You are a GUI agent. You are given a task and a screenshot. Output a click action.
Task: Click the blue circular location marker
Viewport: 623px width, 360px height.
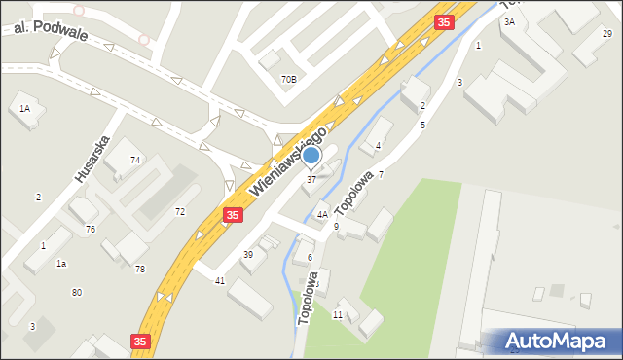tap(311, 155)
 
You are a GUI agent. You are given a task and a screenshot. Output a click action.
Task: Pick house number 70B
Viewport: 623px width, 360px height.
tap(289, 79)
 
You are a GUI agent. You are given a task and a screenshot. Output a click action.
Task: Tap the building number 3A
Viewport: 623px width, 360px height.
tap(509, 21)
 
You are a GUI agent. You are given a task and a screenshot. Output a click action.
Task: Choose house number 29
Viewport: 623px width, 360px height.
tap(607, 34)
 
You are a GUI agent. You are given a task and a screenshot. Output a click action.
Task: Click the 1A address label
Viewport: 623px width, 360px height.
tap(24, 109)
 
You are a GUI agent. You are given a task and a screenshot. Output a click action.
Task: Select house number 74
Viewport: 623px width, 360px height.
tap(135, 160)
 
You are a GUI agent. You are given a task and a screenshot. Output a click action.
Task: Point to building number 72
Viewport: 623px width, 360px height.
tap(179, 211)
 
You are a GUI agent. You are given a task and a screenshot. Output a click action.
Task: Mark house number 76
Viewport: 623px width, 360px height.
tap(90, 229)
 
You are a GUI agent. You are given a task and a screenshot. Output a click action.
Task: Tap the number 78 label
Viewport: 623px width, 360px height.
tap(140, 269)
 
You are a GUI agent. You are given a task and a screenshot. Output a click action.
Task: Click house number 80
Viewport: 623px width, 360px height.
tap(76, 293)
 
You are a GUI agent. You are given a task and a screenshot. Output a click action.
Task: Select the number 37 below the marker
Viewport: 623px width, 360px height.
tap(311, 179)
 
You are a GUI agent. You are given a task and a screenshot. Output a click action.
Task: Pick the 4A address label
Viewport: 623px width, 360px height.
tap(321, 214)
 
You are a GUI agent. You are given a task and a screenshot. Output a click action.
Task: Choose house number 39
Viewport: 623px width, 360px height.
tap(248, 254)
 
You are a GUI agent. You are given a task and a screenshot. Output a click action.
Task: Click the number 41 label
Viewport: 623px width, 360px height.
tap(220, 280)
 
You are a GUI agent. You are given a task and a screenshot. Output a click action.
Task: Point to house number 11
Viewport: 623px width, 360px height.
tap(337, 315)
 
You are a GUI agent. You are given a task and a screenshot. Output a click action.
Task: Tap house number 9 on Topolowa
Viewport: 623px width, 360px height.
tap(336, 226)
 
